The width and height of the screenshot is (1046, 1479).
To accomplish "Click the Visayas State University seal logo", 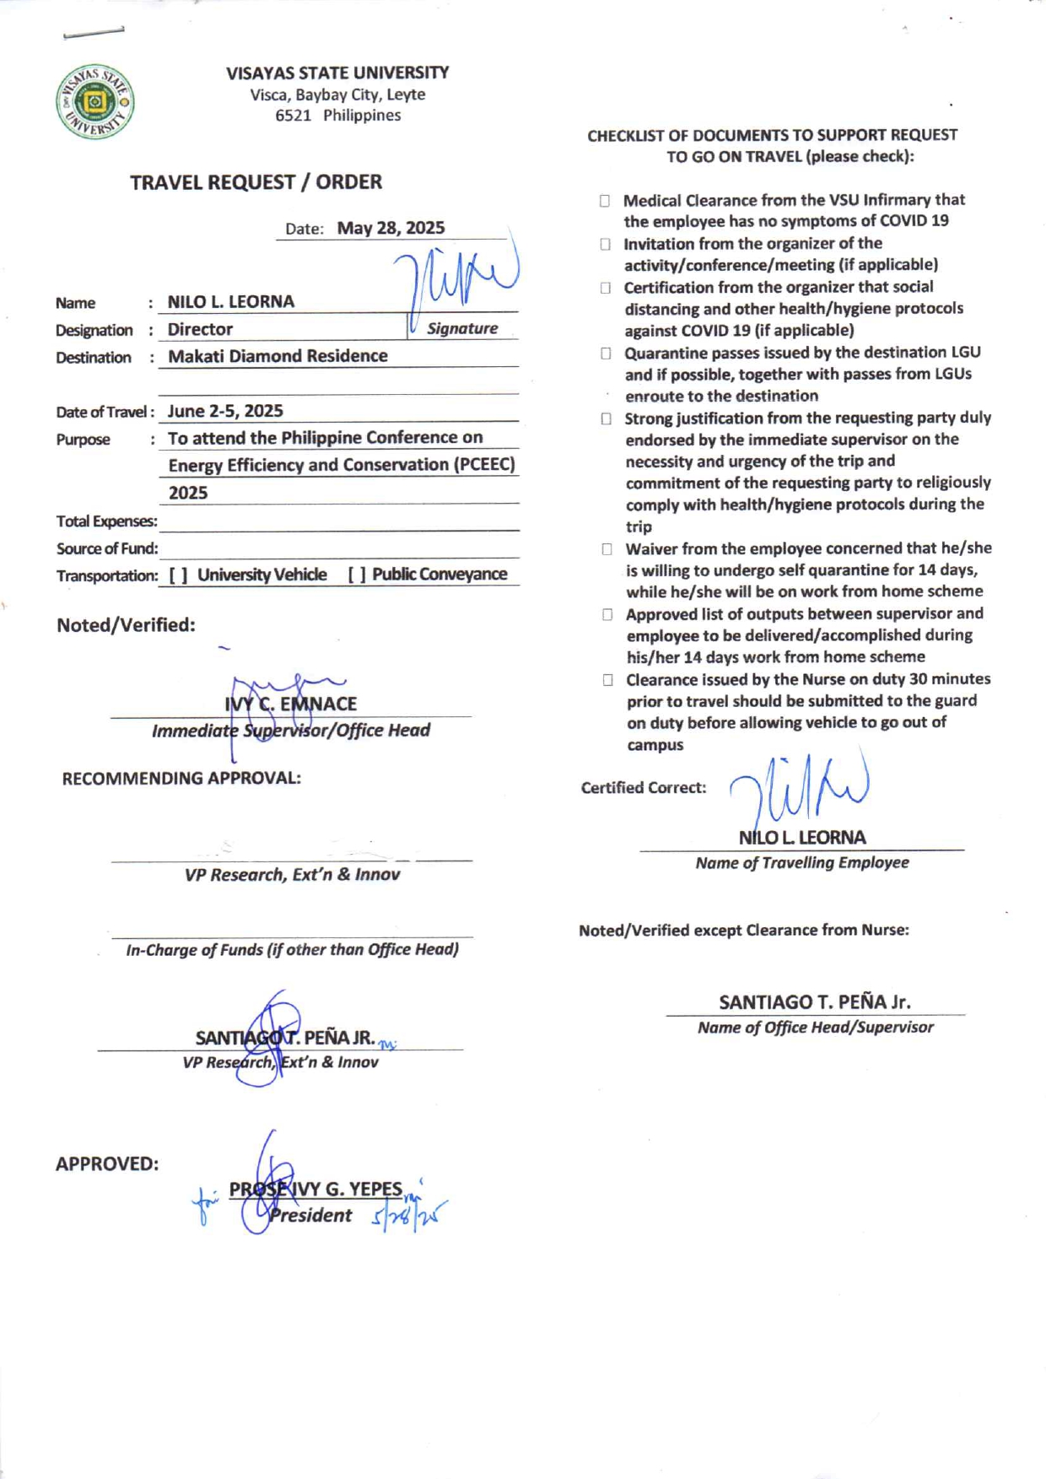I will click(x=94, y=102).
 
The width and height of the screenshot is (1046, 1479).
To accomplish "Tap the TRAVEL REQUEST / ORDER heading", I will click(x=256, y=182).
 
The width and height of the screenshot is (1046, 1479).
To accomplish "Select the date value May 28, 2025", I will click(x=391, y=228).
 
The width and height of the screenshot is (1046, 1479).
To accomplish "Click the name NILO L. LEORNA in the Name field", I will click(x=231, y=302).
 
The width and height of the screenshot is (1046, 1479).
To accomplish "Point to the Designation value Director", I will click(x=200, y=329).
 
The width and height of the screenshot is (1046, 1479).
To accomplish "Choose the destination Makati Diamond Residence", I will click(x=278, y=356).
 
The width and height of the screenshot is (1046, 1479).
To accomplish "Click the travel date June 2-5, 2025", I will click(x=225, y=411).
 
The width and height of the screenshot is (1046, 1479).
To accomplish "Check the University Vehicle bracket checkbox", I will click(x=178, y=575).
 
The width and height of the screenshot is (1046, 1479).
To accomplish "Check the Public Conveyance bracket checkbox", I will click(x=357, y=575).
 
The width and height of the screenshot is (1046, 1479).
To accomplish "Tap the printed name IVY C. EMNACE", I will click(x=290, y=704).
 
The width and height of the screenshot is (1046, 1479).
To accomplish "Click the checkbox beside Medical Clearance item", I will click(x=605, y=201).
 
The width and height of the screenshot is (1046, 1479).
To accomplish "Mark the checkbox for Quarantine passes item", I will click(x=606, y=354).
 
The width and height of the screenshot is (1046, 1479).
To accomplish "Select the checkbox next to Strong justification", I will click(x=607, y=419).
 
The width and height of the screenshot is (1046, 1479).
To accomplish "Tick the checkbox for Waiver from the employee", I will click(x=607, y=549).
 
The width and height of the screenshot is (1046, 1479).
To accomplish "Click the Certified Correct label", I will click(x=643, y=788).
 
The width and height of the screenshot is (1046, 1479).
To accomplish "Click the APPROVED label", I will click(x=107, y=1164).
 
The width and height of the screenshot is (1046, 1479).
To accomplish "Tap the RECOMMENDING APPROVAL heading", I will click(x=181, y=779).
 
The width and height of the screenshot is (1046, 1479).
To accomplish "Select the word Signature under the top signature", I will click(x=462, y=328).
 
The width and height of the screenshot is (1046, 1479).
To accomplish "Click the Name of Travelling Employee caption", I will click(x=801, y=863).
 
